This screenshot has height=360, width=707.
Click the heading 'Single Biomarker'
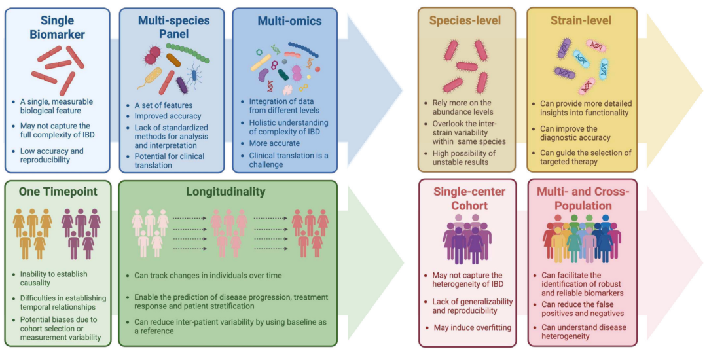(x=57, y=27)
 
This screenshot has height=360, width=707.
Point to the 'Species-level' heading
(x=465, y=20)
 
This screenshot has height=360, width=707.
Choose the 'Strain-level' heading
(x=581, y=20)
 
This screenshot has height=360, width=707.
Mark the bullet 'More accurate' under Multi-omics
(x=274, y=143)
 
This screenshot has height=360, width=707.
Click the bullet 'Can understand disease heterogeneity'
(x=583, y=331)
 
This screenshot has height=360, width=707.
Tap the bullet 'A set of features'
(x=164, y=105)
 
